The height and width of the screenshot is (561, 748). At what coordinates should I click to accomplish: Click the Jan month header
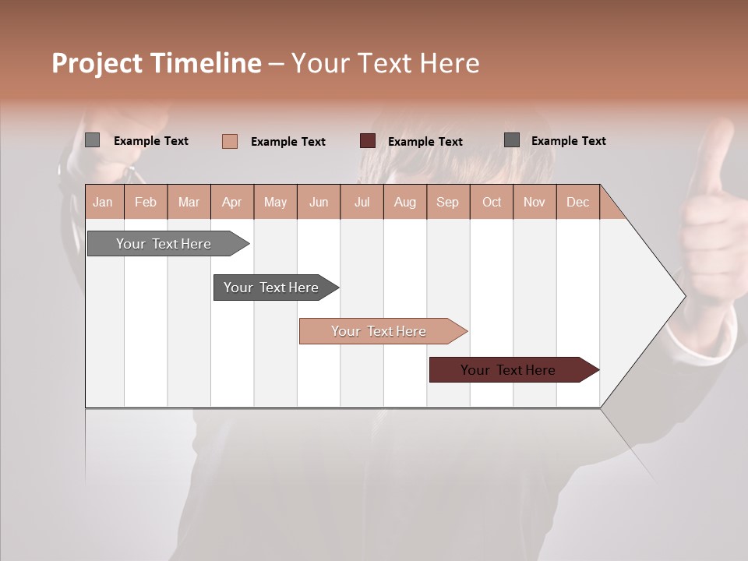pyautogui.click(x=103, y=202)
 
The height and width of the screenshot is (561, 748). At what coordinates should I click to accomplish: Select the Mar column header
pyautogui.click(x=189, y=202)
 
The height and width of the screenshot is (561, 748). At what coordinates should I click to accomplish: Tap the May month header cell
pyautogui.click(x=275, y=202)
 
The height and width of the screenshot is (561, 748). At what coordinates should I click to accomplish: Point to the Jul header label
pyautogui.click(x=362, y=202)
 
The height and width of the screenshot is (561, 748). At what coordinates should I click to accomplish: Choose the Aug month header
pyautogui.click(x=404, y=202)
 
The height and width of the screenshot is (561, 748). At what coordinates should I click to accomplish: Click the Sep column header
pyautogui.click(x=447, y=202)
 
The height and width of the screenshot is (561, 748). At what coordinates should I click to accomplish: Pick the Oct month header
pyautogui.click(x=492, y=202)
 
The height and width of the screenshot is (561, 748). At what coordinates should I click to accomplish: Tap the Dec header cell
pyautogui.click(x=577, y=202)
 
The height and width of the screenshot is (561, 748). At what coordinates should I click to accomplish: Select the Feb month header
pyautogui.click(x=146, y=202)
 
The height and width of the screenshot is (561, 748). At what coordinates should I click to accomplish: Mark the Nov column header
pyautogui.click(x=534, y=202)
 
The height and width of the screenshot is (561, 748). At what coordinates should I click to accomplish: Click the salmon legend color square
pyautogui.click(x=230, y=141)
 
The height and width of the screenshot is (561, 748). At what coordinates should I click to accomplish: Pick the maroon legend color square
pyautogui.click(x=368, y=140)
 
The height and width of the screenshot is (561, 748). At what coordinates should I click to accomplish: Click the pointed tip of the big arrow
pyautogui.click(x=683, y=296)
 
